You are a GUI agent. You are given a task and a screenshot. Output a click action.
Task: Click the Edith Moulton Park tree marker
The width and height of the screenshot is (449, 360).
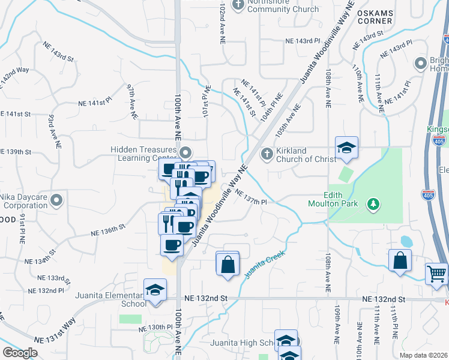(x=374, y=204)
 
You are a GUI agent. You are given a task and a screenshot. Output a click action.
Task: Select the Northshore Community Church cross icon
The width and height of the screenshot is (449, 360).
(x=238, y=5)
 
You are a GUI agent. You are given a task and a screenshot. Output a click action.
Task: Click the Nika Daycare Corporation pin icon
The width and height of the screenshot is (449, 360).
(x=56, y=200)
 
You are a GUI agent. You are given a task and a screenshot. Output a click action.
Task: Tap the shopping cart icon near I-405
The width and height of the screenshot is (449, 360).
(x=437, y=274)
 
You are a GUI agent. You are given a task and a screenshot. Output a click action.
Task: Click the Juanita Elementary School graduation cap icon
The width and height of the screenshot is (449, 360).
(x=155, y=291)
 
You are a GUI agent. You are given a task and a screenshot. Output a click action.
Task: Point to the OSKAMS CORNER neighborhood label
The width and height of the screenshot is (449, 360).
(x=374, y=16)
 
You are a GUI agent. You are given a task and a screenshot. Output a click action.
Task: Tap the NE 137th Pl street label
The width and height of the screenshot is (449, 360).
(x=250, y=197)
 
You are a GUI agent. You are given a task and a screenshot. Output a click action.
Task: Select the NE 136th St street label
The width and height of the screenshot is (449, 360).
(x=107, y=230)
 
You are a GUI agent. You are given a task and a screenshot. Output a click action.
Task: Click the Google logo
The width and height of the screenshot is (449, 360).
(x=20, y=353)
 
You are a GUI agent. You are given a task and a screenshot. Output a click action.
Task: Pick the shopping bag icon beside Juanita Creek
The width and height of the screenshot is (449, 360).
(x=228, y=263)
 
